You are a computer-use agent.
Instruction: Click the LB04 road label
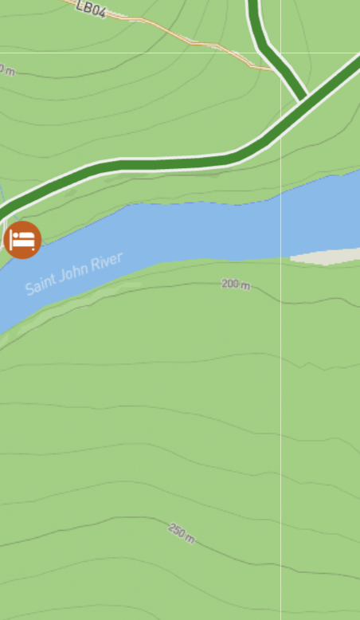click(92, 9)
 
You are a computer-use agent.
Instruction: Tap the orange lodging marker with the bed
click(22, 239)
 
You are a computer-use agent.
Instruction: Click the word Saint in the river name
click(41, 282)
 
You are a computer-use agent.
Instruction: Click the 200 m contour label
click(236, 284)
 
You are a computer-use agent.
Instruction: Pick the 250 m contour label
click(182, 532)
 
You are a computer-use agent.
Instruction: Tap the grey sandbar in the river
click(327, 256)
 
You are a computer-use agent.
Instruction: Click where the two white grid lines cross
click(281, 53)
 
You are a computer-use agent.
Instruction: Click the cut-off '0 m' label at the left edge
click(6, 70)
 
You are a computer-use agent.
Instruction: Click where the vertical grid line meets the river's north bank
click(281, 191)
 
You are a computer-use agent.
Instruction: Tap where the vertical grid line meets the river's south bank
click(281, 259)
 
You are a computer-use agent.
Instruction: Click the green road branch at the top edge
click(255, 6)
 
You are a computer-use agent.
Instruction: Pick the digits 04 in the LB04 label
click(97, 11)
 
